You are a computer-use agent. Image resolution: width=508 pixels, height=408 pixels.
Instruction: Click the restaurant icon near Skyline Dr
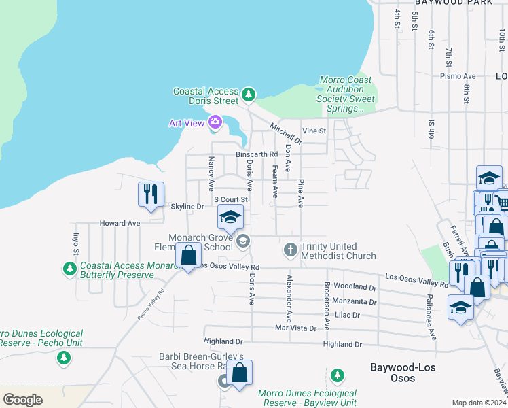pos(150,194)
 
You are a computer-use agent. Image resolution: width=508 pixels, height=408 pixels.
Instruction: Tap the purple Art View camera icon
pos(215,122)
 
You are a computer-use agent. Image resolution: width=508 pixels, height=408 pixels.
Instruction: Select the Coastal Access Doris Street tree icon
pos(249,93)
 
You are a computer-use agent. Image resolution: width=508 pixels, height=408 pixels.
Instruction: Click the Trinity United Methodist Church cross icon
pos(290,250)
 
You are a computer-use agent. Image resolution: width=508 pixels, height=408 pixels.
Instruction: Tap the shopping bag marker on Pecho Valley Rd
pos(189,255)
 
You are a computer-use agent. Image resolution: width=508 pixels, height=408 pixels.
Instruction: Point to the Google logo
pos(22,400)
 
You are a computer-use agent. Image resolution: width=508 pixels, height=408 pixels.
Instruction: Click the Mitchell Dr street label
pos(286,133)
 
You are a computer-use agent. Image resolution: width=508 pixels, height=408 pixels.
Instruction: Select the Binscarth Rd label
pos(257,154)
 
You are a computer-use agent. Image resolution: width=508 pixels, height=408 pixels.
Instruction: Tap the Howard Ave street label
pos(120,223)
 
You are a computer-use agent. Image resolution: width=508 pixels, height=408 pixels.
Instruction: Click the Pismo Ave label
pos(456,76)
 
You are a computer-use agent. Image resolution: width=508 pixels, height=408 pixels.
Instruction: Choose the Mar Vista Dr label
pos(295,328)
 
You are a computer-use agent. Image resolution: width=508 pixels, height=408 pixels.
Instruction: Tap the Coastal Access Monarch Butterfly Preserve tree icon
pos(69,270)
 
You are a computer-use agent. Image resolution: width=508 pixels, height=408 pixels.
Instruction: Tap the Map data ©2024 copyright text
pos(478,403)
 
